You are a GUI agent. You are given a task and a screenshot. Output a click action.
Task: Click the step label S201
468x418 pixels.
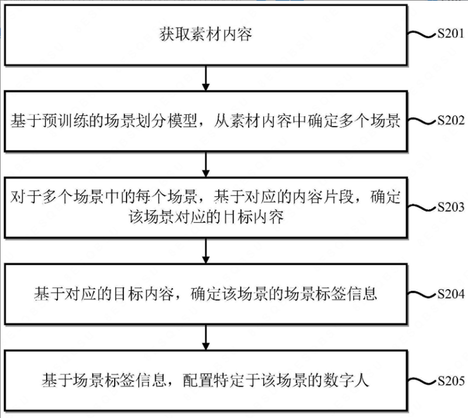point(449,35)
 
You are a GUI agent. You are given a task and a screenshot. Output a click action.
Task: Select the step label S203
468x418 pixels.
point(449,207)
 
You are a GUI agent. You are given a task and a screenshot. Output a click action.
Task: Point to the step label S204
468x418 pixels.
point(449,294)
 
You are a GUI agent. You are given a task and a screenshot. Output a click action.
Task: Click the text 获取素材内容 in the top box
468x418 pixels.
point(205,35)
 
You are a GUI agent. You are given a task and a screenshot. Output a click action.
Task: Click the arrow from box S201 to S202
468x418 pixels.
point(205,78)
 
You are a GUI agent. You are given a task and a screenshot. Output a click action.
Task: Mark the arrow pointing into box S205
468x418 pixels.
point(205,337)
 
